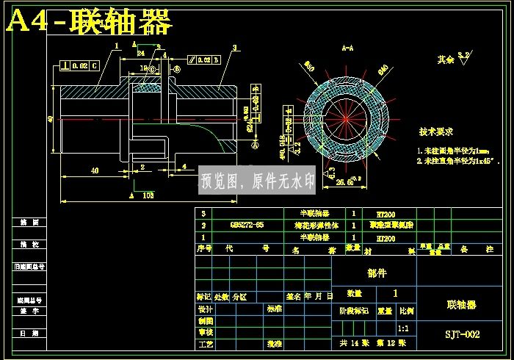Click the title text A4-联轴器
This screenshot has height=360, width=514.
click(x=90, y=23)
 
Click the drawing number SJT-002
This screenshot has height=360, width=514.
click(x=462, y=334)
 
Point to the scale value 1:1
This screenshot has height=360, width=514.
click(x=403, y=328)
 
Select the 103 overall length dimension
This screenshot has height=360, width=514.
click(x=147, y=196)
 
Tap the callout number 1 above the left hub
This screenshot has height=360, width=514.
click(x=117, y=46)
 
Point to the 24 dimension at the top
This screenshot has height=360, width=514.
click(x=140, y=53)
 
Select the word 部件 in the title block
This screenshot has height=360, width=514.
click(x=377, y=273)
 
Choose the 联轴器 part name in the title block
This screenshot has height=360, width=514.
click(x=462, y=304)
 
